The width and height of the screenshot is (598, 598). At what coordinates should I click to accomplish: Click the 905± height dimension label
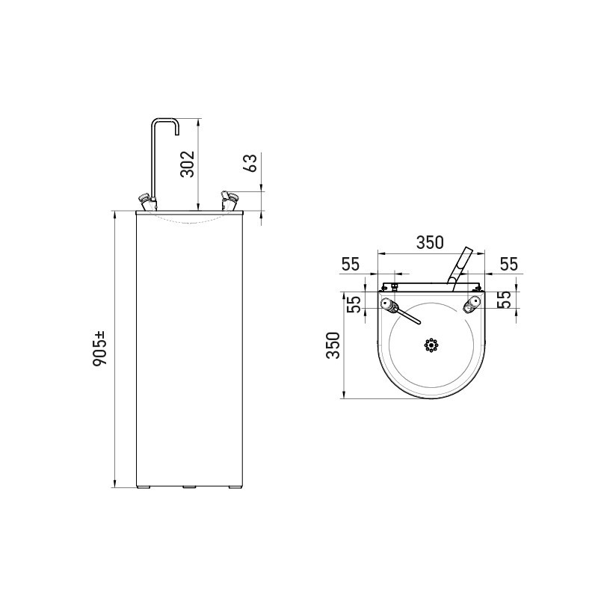[102, 349]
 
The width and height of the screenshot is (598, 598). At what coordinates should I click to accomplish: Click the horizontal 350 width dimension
[430, 242]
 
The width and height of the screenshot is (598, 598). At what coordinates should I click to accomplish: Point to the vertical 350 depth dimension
[333, 345]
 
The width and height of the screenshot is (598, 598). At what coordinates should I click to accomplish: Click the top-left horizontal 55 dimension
[351, 264]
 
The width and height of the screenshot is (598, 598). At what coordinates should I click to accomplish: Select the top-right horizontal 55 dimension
[509, 264]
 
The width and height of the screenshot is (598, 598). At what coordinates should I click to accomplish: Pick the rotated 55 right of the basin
[505, 300]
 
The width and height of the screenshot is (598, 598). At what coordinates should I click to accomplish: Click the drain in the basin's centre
[430, 345]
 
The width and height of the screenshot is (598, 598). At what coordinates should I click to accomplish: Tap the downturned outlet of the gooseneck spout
[177, 130]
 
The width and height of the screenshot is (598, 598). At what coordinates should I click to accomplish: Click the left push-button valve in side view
[147, 200]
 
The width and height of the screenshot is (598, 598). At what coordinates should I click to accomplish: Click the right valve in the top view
[472, 303]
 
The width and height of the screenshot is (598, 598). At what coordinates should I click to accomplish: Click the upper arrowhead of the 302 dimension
[197, 122]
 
